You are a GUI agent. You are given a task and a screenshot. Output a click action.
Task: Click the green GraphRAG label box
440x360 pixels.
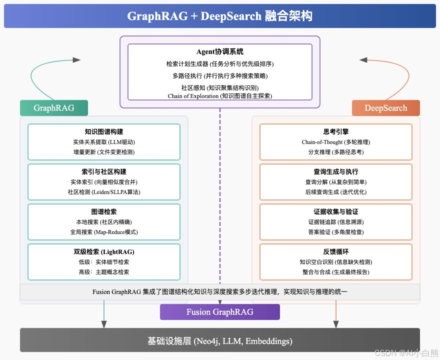(54, 108)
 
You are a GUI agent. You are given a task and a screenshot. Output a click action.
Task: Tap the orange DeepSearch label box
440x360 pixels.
(386, 108)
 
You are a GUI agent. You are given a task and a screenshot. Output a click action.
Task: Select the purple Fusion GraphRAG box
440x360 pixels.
(220, 312)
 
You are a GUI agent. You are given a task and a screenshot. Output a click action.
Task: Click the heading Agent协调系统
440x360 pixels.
(220, 52)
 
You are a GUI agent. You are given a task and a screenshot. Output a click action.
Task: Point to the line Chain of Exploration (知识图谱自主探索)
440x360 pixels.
(220, 96)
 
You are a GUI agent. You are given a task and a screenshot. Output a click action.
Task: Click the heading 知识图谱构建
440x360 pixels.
(104, 132)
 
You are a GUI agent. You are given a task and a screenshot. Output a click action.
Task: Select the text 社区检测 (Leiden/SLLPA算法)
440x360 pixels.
(104, 192)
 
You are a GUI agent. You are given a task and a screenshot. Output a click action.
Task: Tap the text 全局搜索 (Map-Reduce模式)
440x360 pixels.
(104, 232)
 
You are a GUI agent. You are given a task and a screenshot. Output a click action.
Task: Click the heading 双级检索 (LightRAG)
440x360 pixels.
(104, 252)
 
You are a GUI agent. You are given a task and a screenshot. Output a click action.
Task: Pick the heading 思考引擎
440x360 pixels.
(336, 132)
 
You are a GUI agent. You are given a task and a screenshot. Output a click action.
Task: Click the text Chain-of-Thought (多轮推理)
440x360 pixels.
(336, 142)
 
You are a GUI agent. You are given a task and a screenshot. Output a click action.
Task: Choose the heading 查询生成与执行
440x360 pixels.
(336, 171)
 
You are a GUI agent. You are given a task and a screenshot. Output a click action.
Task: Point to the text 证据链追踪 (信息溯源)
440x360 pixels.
(336, 222)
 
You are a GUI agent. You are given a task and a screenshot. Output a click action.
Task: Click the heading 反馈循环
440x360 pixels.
(336, 252)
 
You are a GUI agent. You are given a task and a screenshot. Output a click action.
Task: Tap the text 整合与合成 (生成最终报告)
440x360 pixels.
(336, 272)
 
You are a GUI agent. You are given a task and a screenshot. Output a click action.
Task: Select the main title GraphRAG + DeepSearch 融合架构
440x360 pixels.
(220, 16)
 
